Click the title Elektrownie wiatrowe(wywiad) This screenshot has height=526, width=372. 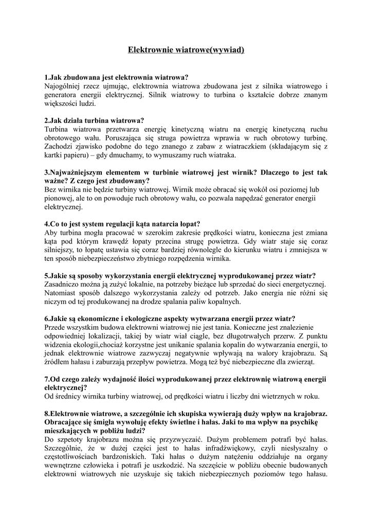coord(185,50)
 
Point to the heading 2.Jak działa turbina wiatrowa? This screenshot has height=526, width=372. coord(95,120)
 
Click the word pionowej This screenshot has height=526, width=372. coord(60,198)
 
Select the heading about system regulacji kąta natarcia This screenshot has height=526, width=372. coord(123,224)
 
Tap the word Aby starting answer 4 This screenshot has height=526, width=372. coord(51,233)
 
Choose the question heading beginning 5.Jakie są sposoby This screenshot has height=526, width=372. coord(180,275)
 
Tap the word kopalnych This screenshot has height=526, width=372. coord(224,302)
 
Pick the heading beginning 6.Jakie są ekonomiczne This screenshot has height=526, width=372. coord(170,318)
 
